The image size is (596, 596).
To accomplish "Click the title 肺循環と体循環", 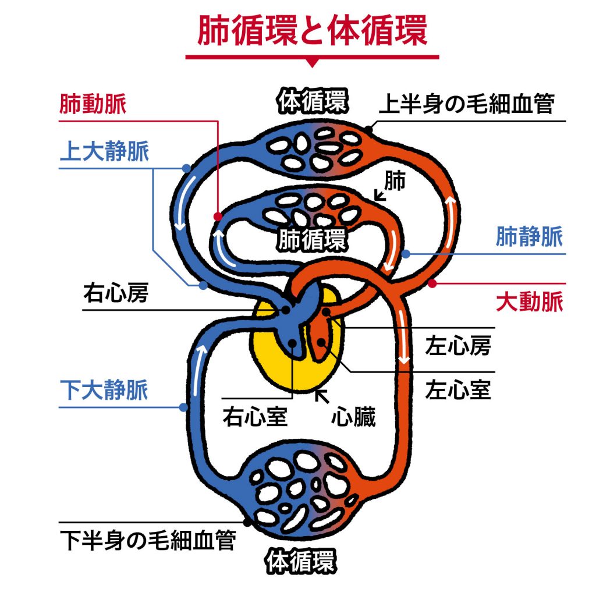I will (x=313, y=31).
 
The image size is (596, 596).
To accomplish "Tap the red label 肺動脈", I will (x=93, y=105).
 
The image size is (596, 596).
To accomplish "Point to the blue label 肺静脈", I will (x=530, y=237).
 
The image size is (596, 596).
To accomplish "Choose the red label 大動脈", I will (x=530, y=303).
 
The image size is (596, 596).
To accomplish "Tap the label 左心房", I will (x=458, y=347).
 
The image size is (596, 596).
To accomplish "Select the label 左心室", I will (x=458, y=389).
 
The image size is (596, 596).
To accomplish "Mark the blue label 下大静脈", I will (x=105, y=390).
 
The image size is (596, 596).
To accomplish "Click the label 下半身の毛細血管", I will (x=148, y=540).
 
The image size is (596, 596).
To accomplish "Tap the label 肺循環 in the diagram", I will (x=312, y=240).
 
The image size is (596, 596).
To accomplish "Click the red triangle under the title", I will (x=313, y=62).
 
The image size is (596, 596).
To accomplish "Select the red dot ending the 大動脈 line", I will (x=431, y=283).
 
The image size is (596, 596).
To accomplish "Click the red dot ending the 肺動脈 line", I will (x=218, y=217).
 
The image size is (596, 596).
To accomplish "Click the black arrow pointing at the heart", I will (x=320, y=396).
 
